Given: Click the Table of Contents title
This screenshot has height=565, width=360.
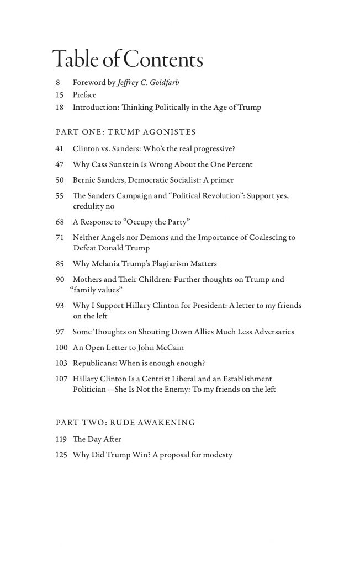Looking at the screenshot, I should tap(127, 59).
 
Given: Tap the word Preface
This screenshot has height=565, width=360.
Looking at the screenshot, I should tap(84, 95).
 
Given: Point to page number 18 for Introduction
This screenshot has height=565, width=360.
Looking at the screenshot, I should tap(60, 107).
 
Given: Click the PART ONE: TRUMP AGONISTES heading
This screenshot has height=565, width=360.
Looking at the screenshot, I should tap(126, 132).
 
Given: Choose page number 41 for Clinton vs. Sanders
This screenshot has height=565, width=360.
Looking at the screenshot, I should tap(60, 149).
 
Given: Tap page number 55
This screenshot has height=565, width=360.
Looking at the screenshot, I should tap(60, 196).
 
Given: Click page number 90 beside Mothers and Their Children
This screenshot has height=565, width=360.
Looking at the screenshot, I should tap(60, 279).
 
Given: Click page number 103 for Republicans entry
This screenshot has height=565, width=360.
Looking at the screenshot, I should tap(61, 363).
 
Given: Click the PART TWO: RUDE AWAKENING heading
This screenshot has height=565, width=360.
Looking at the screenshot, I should tap(125, 423).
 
